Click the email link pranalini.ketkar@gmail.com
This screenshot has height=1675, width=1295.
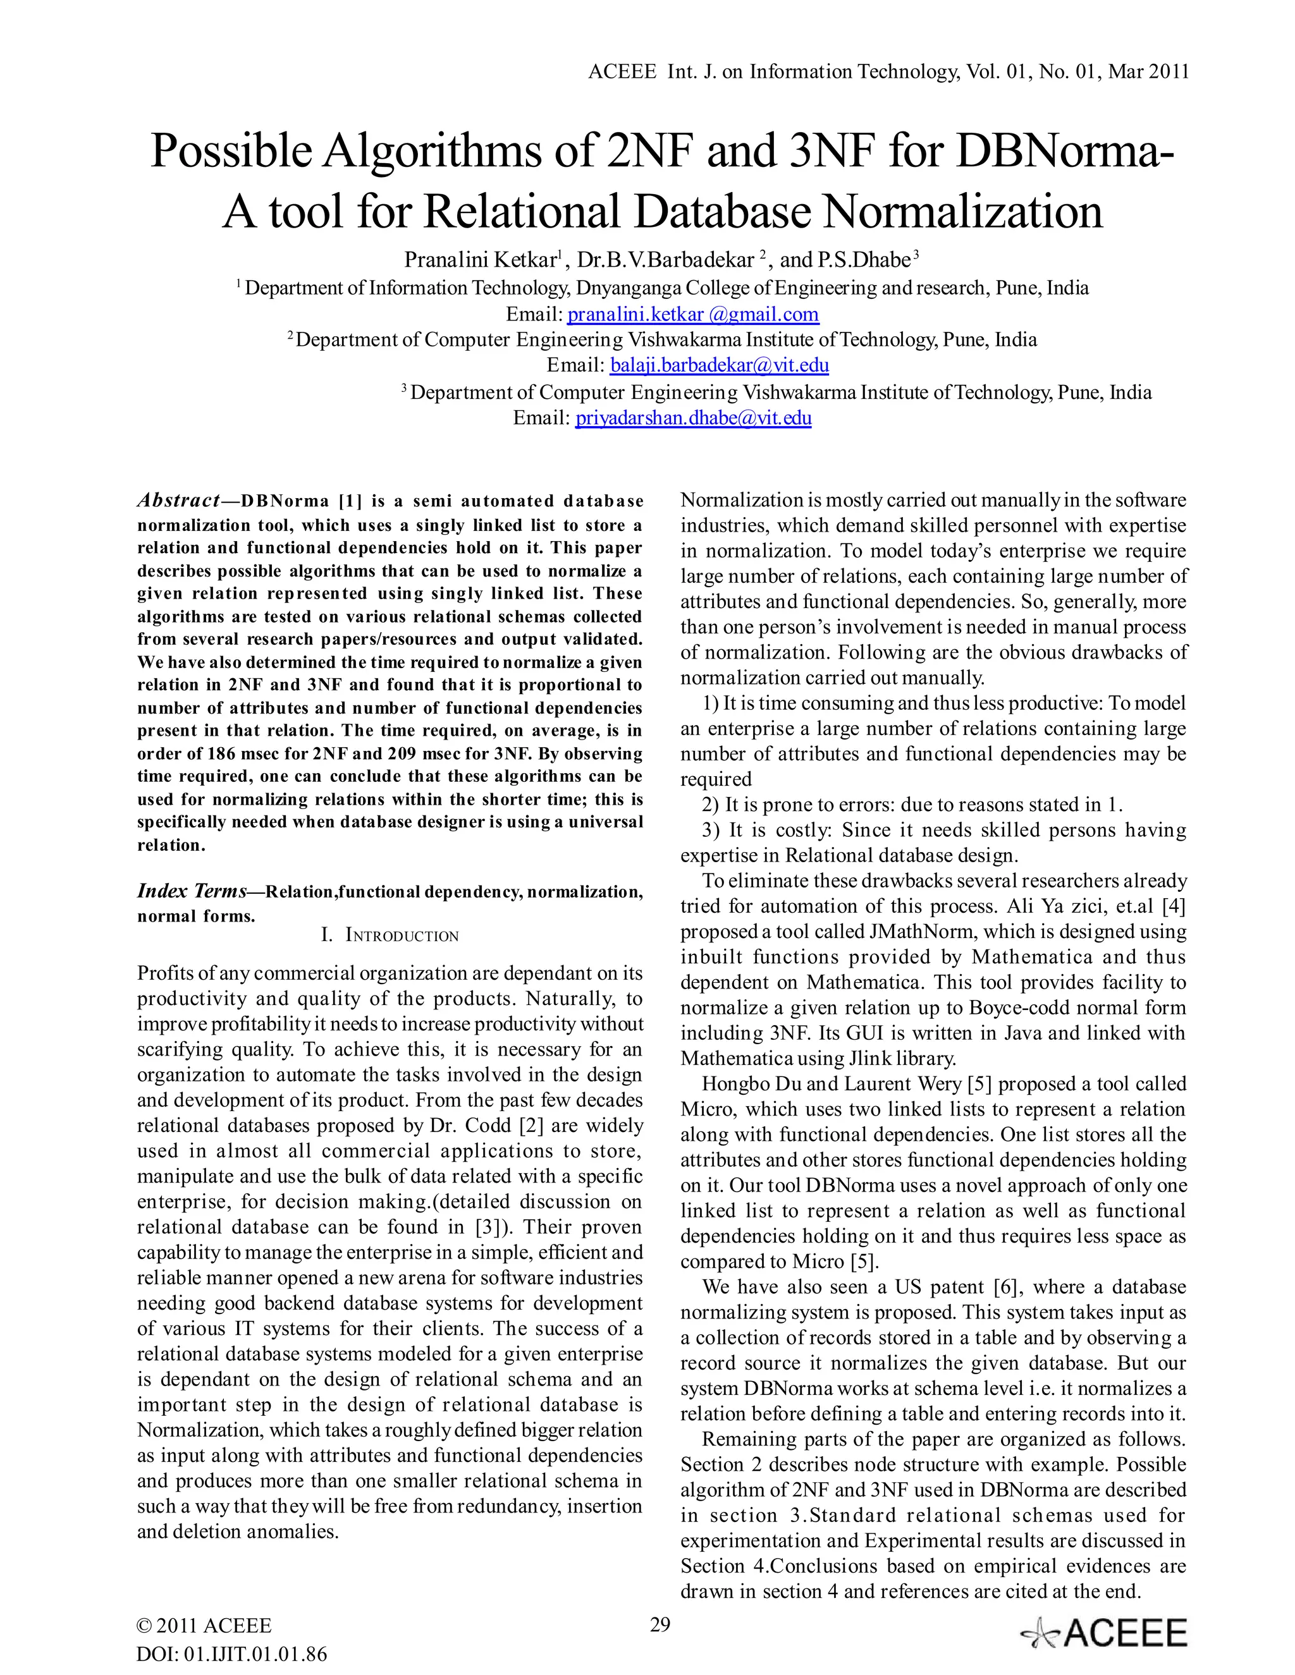click(693, 314)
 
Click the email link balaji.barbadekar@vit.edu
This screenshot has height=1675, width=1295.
click(719, 366)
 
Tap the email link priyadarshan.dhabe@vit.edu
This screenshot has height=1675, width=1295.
click(693, 418)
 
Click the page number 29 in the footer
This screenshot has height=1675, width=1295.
click(660, 1624)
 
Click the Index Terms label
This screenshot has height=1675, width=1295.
click(192, 891)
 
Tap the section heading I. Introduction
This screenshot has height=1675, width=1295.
click(390, 935)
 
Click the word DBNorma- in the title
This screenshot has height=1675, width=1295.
click(1065, 151)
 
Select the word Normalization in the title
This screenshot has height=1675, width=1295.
click(964, 212)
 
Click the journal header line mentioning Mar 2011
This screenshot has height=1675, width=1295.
click(888, 72)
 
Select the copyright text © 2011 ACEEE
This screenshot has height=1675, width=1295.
click(204, 1626)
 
